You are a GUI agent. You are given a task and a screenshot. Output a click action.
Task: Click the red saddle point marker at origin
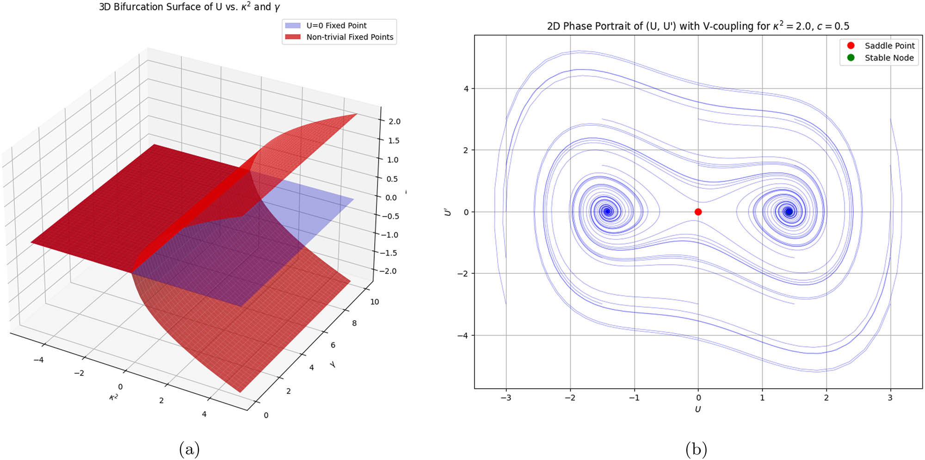(698, 212)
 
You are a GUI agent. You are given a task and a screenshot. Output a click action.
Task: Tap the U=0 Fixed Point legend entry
(336, 25)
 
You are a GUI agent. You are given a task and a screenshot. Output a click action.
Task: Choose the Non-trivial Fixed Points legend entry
(349, 37)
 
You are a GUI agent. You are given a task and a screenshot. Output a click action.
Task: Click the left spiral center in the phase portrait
(608, 211)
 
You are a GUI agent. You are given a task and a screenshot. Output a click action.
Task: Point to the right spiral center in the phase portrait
(789, 211)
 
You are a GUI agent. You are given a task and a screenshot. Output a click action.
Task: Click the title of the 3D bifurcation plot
(189, 7)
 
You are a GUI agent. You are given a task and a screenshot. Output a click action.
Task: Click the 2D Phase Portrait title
(697, 26)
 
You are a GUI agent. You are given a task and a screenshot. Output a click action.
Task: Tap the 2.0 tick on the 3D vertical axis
(394, 121)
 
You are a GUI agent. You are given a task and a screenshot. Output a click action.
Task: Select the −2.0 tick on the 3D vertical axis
(388, 271)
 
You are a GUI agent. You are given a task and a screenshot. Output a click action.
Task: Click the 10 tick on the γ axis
(374, 302)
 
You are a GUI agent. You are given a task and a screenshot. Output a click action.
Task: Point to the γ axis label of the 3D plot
(333, 365)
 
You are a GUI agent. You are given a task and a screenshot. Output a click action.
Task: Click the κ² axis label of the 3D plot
(113, 397)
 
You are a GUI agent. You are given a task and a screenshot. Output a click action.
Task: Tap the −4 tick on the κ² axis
(38, 360)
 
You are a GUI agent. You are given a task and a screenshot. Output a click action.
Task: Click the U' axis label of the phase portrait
(447, 212)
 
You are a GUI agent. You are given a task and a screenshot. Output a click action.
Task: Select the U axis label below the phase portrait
(697, 409)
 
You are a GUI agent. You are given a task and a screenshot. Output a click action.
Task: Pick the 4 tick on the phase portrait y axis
(466, 88)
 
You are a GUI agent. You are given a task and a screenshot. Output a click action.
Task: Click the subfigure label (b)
(696, 449)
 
